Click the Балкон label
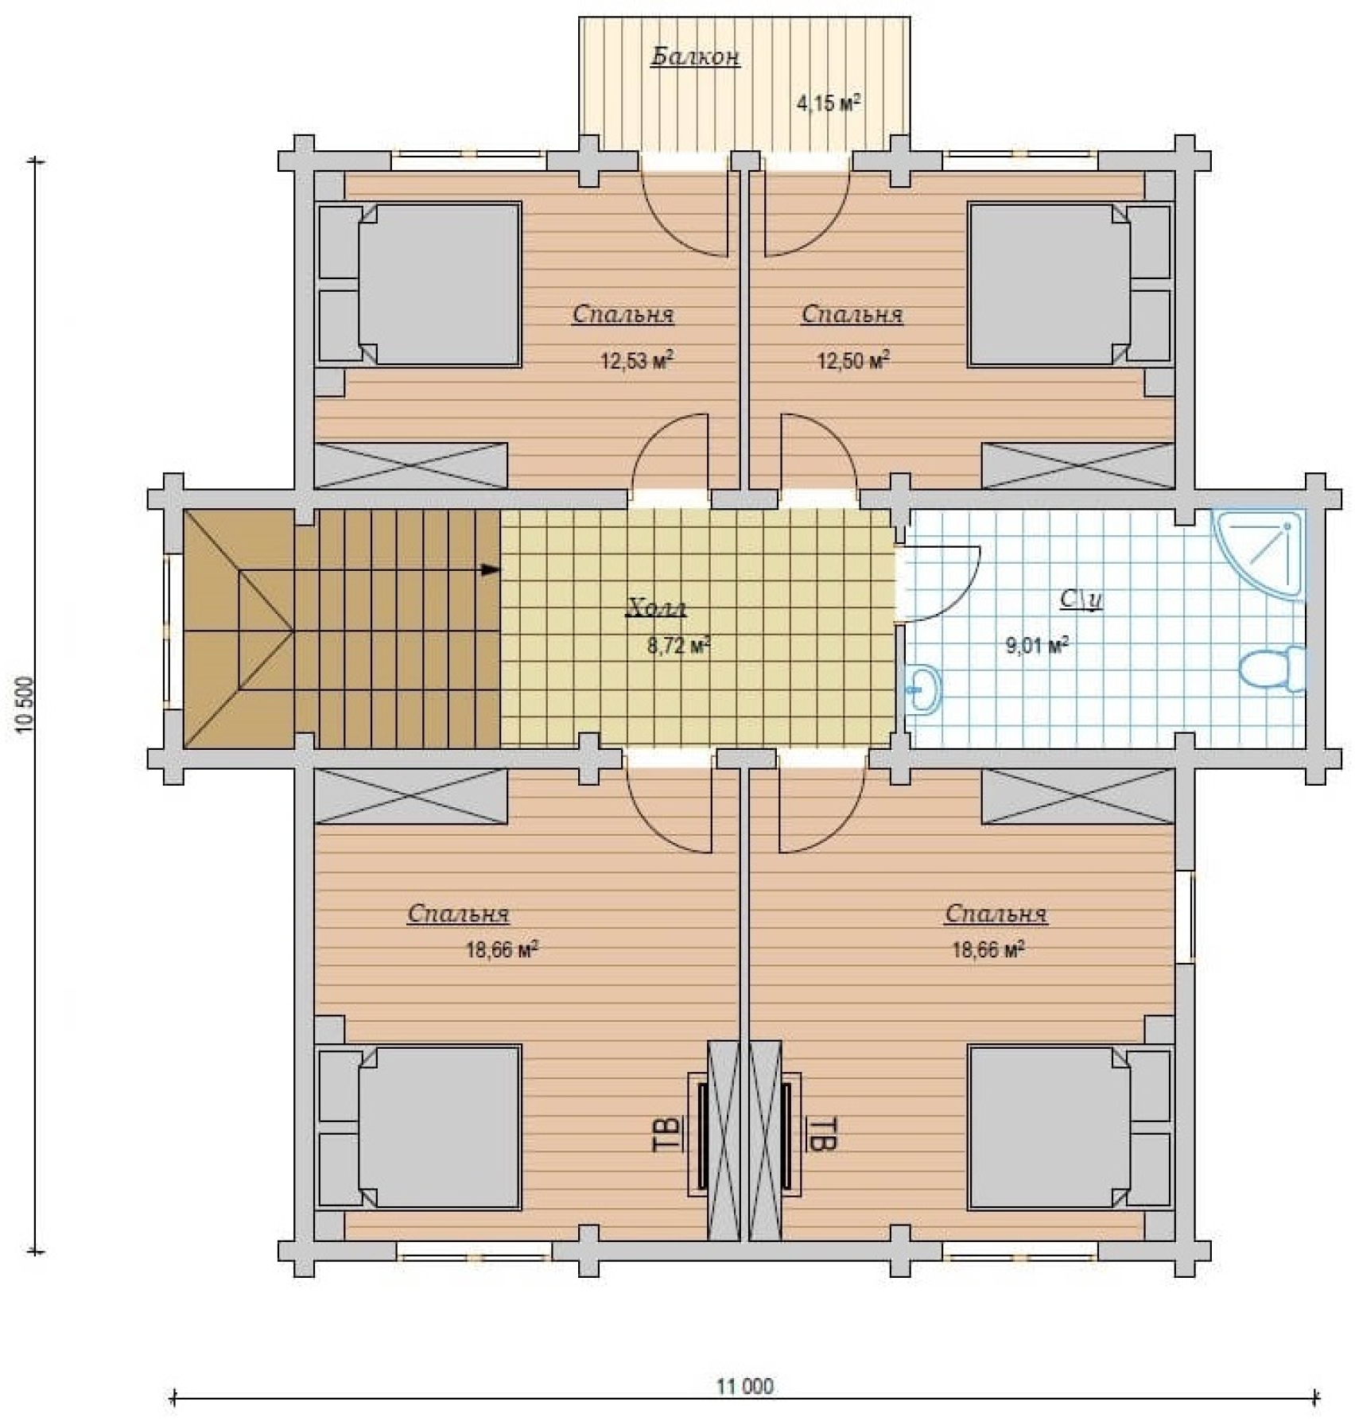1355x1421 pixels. (x=696, y=57)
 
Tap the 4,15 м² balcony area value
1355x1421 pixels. (x=829, y=103)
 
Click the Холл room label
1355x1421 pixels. (x=657, y=608)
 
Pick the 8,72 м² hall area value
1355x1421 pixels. (x=678, y=646)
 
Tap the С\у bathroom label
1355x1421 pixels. (x=1081, y=599)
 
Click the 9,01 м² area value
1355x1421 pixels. (x=1037, y=645)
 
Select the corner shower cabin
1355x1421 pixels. (x=1257, y=554)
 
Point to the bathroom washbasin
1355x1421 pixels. (x=923, y=687)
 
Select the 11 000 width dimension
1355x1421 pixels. (x=745, y=1387)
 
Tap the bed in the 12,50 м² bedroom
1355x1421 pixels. (x=1070, y=285)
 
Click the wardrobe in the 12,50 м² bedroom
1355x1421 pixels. (x=1077, y=465)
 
